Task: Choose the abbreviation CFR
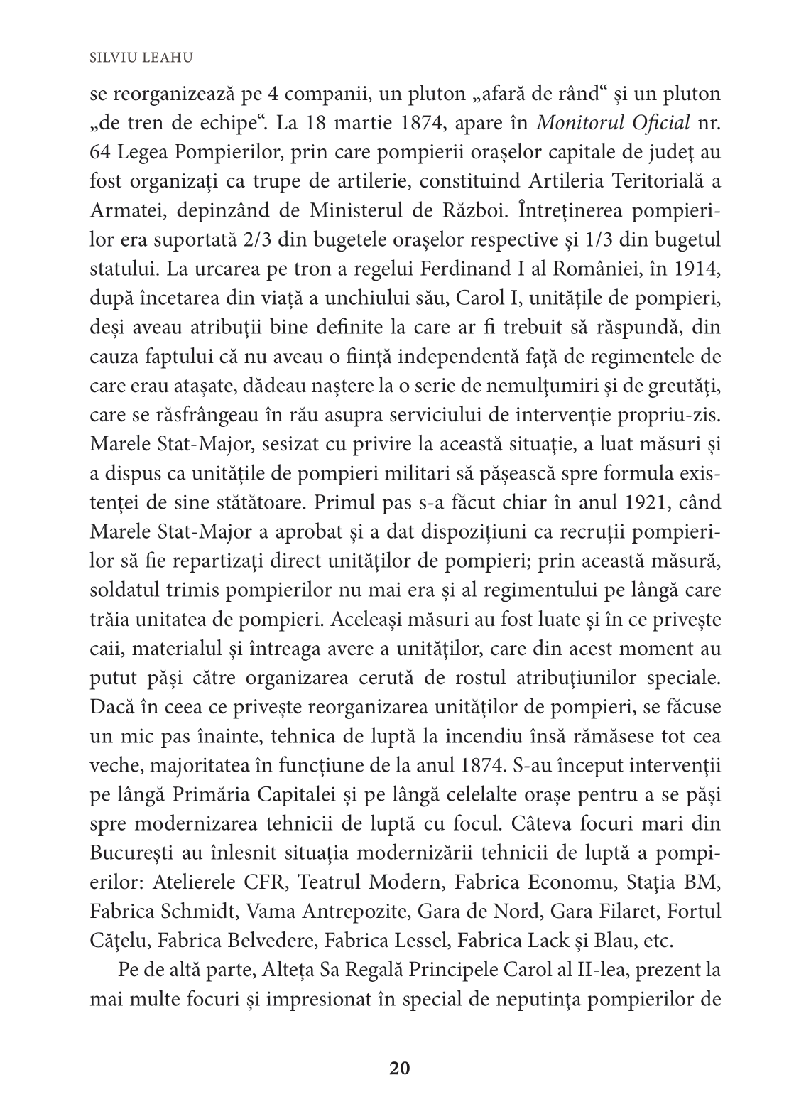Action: pos(263,882)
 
